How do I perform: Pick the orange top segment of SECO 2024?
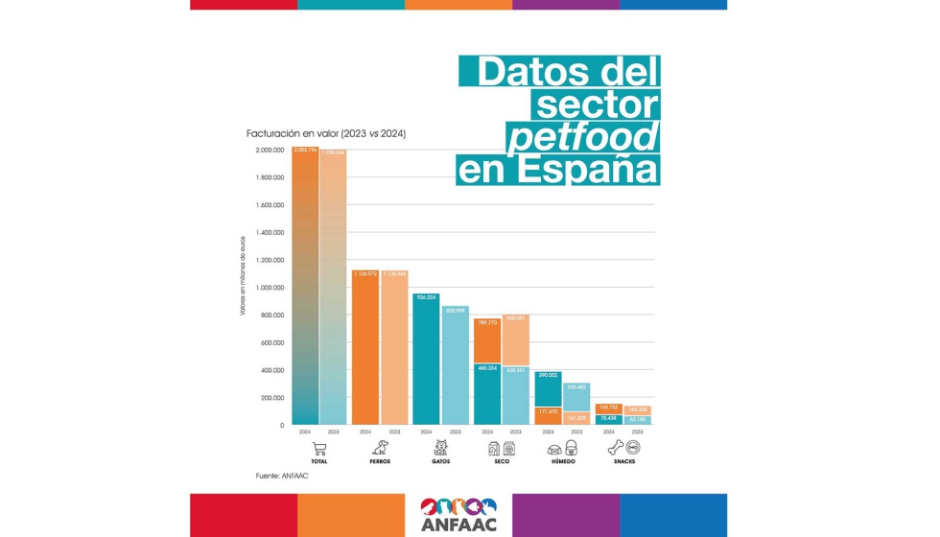[487, 340]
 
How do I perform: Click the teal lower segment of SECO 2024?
[487, 393]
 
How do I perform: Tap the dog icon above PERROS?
[380, 448]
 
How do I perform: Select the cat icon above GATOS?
[441, 448]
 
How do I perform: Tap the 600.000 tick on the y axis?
[272, 342]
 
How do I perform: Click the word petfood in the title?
[582, 138]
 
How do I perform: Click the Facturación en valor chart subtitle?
[326, 133]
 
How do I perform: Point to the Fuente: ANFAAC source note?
[282, 476]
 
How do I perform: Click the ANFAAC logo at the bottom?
[458, 514]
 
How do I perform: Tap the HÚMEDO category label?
[563, 461]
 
